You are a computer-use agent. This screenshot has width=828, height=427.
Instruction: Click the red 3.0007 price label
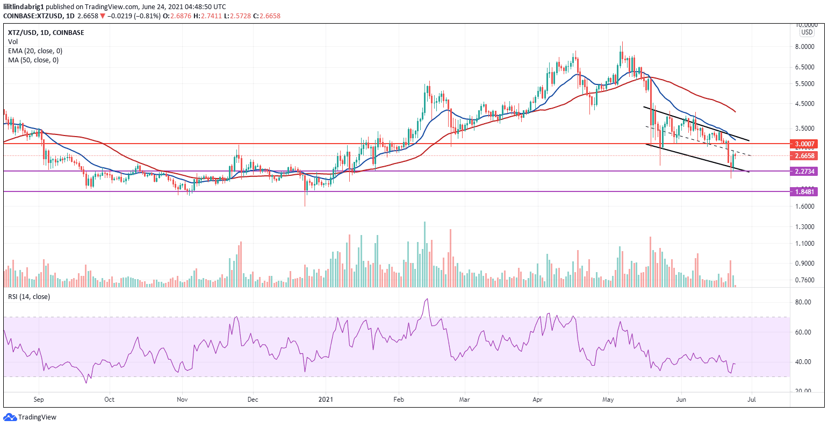click(804, 144)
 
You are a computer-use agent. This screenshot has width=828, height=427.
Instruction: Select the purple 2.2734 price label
click(804, 172)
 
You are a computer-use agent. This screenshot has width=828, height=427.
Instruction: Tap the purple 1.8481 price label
click(804, 191)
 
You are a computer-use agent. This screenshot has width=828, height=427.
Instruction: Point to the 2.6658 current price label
click(804, 156)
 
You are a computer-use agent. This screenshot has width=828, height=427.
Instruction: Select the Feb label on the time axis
click(398, 400)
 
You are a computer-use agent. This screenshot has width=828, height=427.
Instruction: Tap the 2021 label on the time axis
click(326, 400)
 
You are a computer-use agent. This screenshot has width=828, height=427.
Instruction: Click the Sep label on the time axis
click(39, 400)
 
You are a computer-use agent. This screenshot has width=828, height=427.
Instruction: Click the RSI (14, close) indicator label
click(28, 297)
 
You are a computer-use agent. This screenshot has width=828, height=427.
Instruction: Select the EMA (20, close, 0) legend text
click(35, 51)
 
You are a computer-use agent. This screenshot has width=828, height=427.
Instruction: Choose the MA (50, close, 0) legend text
click(33, 60)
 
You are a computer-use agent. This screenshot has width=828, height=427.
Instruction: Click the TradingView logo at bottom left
click(30, 417)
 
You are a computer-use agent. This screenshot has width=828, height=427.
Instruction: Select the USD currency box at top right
click(807, 32)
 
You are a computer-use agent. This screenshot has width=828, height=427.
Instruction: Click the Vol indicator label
click(12, 41)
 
